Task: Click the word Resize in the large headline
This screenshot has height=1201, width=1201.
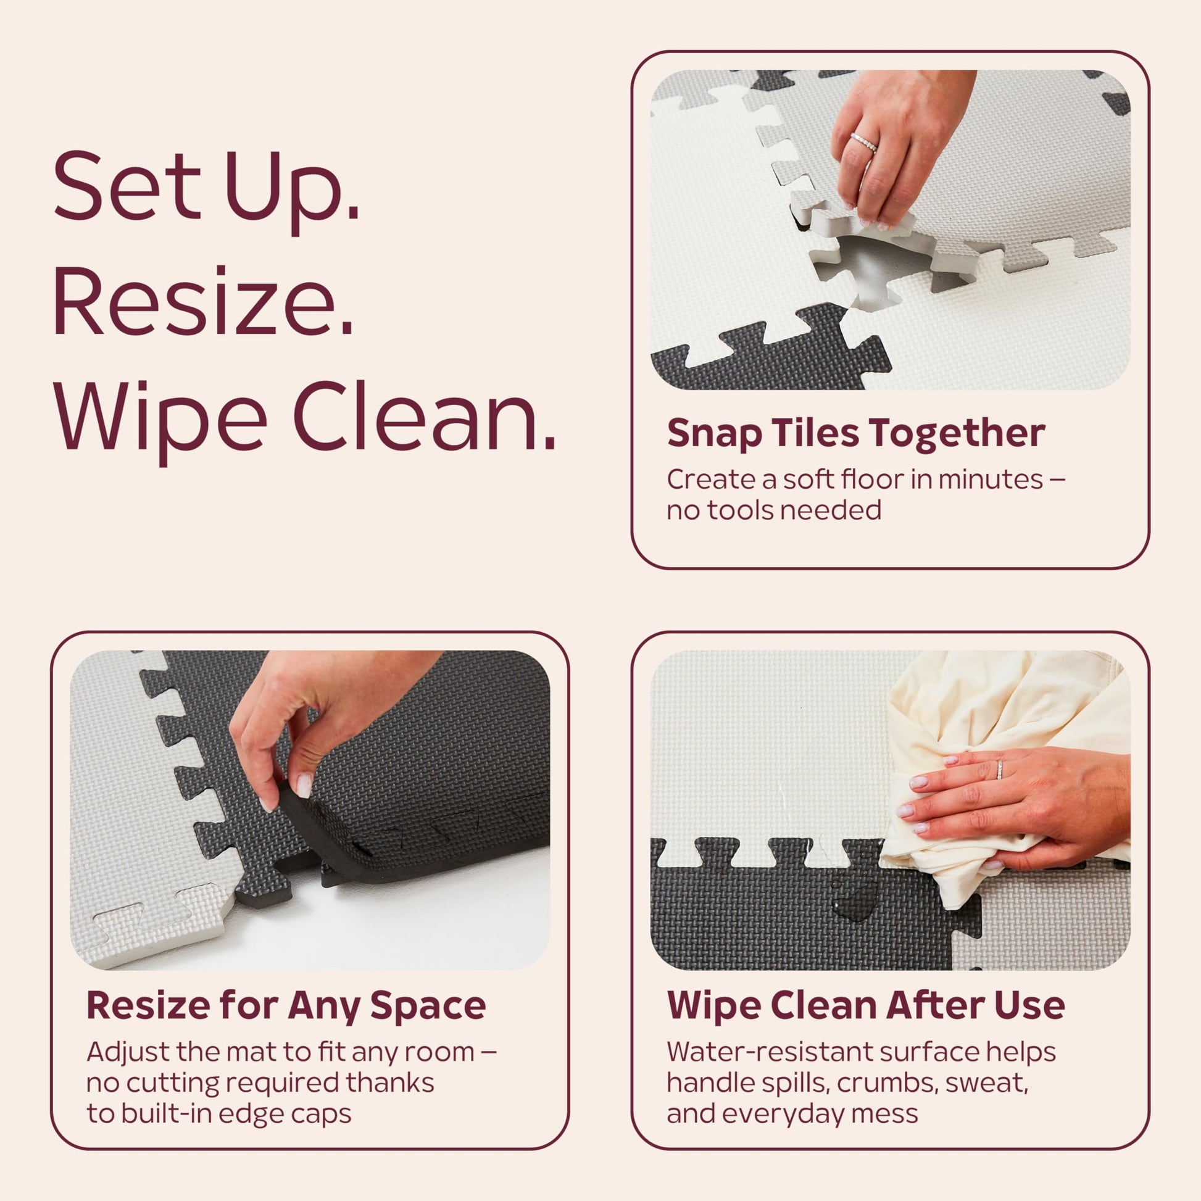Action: (x=203, y=301)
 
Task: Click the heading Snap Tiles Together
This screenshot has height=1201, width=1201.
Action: (x=856, y=434)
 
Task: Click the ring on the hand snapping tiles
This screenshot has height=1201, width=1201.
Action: (x=864, y=143)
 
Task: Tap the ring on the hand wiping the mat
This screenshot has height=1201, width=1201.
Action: (x=1000, y=769)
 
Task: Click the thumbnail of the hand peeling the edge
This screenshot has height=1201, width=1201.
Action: (x=310, y=810)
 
